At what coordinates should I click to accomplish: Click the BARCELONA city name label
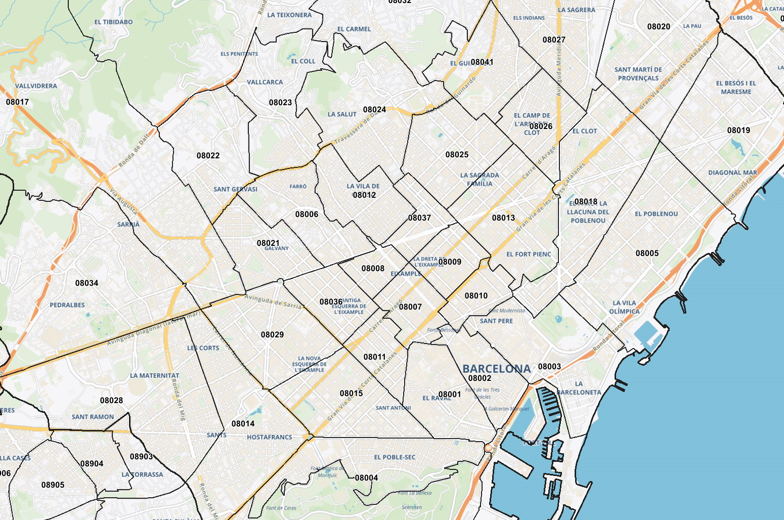click(x=496, y=369)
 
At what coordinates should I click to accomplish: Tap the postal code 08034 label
click(x=86, y=283)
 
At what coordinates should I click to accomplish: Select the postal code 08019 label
click(x=738, y=131)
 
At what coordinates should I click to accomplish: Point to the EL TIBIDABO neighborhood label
click(x=113, y=22)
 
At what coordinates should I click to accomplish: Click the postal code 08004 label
click(x=366, y=478)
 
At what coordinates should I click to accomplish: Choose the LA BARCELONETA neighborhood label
click(x=579, y=388)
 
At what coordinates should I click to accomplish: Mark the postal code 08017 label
click(x=17, y=102)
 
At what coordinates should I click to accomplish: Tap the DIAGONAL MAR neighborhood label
click(x=732, y=172)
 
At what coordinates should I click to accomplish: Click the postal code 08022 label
click(x=208, y=156)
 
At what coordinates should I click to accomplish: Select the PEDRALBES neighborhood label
click(x=67, y=305)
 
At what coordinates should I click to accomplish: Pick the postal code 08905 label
click(x=53, y=485)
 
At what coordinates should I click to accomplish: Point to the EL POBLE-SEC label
click(x=395, y=457)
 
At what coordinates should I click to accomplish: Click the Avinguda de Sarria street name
click(x=274, y=301)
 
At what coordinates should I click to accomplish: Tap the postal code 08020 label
click(x=659, y=27)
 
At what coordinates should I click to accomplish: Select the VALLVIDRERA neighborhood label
click(x=36, y=86)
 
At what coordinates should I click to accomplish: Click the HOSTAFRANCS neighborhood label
click(x=269, y=437)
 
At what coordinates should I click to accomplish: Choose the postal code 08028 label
click(x=111, y=401)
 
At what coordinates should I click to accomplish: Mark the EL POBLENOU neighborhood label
click(x=656, y=214)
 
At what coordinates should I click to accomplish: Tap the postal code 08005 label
click(x=647, y=253)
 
